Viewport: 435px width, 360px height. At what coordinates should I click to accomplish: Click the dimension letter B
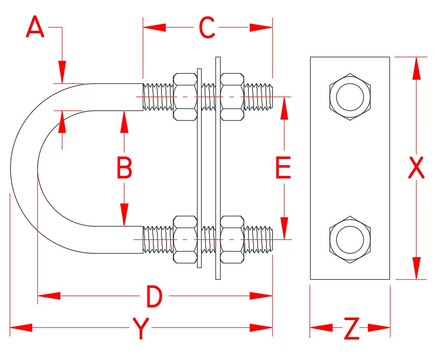(x=124, y=168)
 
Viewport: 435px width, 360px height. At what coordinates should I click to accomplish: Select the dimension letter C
(x=207, y=28)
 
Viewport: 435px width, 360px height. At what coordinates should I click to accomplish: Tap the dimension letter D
(x=154, y=297)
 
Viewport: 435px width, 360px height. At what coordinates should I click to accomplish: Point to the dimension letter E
(x=284, y=168)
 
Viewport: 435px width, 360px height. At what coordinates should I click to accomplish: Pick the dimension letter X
(x=417, y=168)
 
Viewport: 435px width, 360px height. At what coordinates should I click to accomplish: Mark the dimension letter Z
(x=351, y=328)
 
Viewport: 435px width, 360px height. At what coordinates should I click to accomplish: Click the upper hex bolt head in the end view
(x=350, y=97)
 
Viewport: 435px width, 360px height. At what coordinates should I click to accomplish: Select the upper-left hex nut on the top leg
(x=185, y=97)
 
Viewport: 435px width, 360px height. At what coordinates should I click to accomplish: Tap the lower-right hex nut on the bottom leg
(x=232, y=239)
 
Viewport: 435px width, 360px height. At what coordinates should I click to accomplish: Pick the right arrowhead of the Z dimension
(x=379, y=327)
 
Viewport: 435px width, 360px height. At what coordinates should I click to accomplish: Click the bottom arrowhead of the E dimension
(x=284, y=227)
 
